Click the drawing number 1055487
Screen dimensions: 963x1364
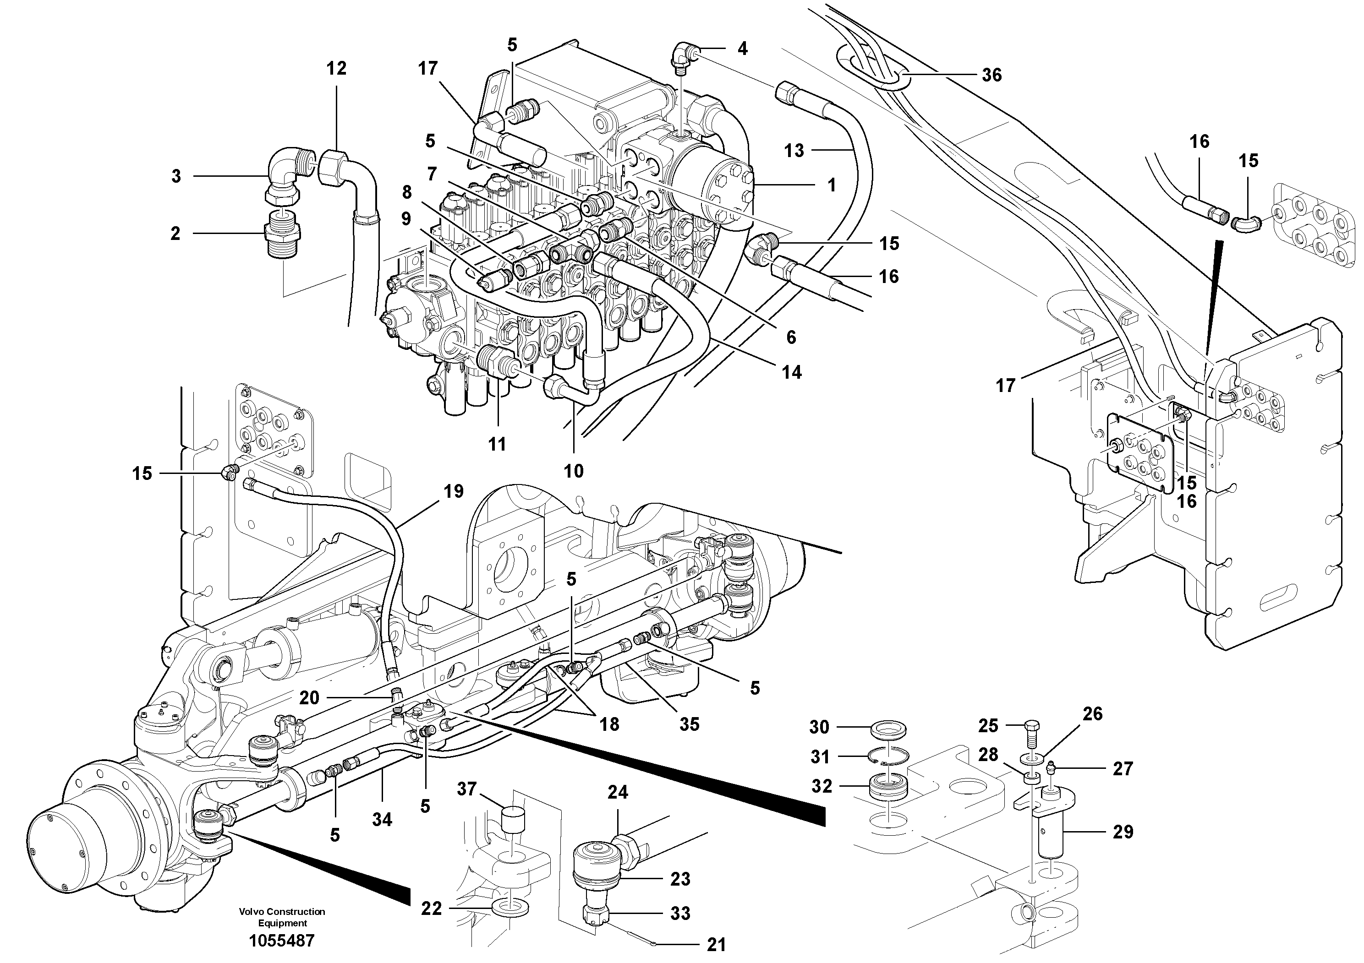282,941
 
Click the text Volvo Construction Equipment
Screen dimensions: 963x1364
282,917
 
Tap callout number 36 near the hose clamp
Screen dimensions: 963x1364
991,76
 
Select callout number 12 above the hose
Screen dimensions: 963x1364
336,69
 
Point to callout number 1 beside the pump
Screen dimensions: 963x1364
831,185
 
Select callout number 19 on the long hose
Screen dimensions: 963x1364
453,492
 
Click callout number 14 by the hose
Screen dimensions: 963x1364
791,373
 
